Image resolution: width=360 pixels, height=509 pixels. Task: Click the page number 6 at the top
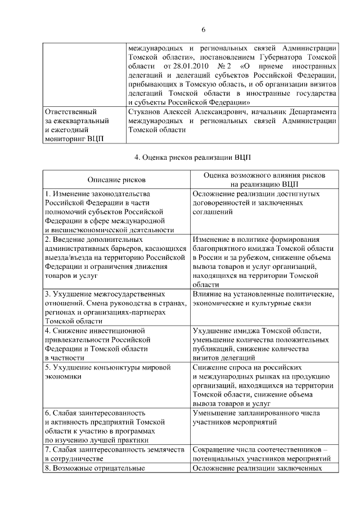coord(204,29)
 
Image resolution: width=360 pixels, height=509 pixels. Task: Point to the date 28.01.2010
coord(187,66)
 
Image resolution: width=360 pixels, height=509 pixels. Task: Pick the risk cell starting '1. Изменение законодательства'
coord(115,211)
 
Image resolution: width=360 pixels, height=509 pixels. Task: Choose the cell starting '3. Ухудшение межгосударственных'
coord(115,307)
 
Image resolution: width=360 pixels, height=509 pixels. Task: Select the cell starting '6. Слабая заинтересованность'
coord(115,426)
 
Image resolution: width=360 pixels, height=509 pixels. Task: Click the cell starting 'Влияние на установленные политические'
coord(264,299)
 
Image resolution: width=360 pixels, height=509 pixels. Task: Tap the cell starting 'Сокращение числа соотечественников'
coord(264,454)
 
